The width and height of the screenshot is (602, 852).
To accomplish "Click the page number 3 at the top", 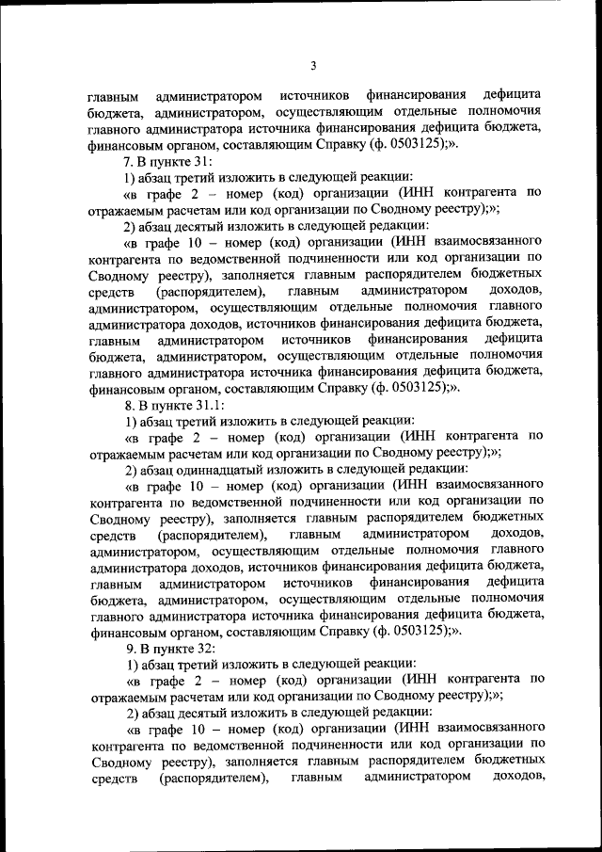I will point(314,65).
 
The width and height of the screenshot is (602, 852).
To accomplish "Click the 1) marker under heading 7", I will point(133,178).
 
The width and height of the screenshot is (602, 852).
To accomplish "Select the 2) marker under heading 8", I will point(133,469).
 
